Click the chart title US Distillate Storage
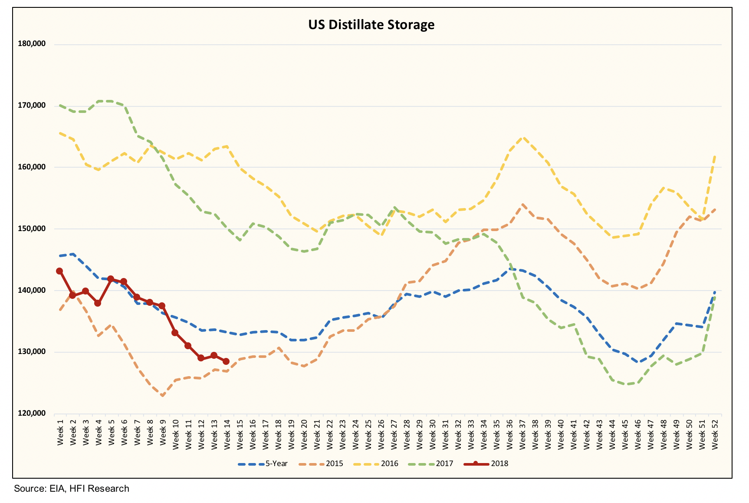371,24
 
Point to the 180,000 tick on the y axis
32,43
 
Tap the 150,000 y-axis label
32,228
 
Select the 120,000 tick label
32,413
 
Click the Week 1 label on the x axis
60,432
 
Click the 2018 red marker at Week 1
59,271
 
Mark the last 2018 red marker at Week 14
226,361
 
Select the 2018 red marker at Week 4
98,303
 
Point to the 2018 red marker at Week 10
175,333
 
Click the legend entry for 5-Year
263,463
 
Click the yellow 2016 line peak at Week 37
523,138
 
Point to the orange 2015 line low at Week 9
162,396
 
